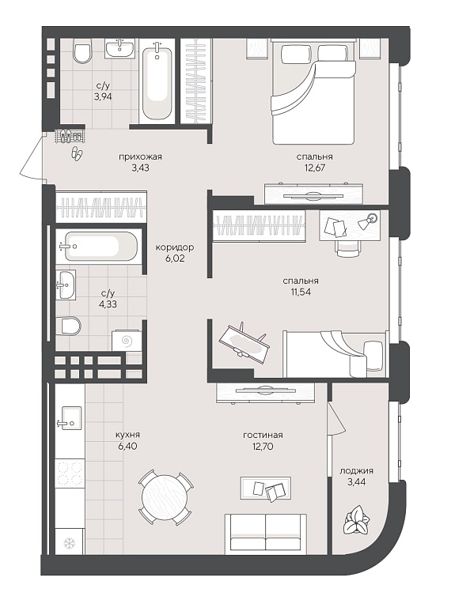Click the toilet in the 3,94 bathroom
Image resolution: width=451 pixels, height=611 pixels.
pyautogui.click(x=81, y=53)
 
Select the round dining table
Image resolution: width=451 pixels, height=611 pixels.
pyautogui.click(x=166, y=498)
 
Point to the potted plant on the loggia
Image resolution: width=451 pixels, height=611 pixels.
pyautogui.click(x=356, y=520)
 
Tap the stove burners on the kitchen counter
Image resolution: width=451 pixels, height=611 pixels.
pyautogui.click(x=70, y=473)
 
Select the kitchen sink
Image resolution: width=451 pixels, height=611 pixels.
pyautogui.click(x=70, y=418)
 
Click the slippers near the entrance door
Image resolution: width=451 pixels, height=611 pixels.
pyautogui.click(x=77, y=153)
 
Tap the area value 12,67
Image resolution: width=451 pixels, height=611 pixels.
pyautogui.click(x=314, y=168)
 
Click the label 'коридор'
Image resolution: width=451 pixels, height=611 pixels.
pyautogui.click(x=174, y=247)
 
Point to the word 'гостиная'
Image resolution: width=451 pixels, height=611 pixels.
pyautogui.click(x=263, y=436)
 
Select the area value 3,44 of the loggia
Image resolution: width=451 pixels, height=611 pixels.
pyautogui.click(x=356, y=482)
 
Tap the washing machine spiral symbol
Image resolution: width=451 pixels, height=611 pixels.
pyautogui.click(x=127, y=341)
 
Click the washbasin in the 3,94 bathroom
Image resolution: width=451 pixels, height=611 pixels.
pyautogui.click(x=119, y=48)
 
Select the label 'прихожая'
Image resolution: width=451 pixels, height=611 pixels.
pyautogui.click(x=140, y=157)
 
